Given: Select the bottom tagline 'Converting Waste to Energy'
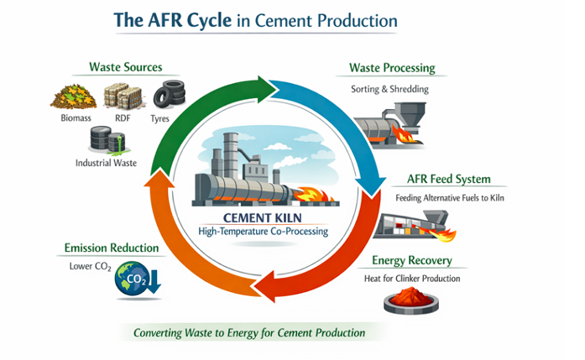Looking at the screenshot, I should [250, 333].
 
